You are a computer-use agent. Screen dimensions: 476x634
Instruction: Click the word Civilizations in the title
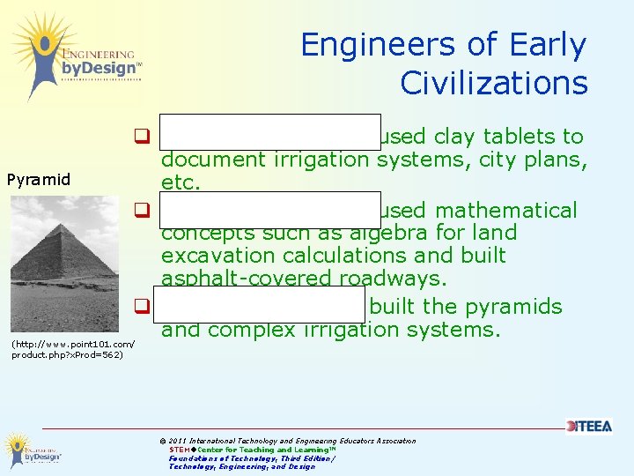493,83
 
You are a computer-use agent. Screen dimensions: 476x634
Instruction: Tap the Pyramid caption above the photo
38,180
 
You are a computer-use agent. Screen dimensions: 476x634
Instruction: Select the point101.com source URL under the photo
72,349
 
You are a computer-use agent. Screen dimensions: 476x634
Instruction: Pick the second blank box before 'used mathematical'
270,210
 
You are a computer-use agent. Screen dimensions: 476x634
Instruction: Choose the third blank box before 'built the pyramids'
262,307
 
